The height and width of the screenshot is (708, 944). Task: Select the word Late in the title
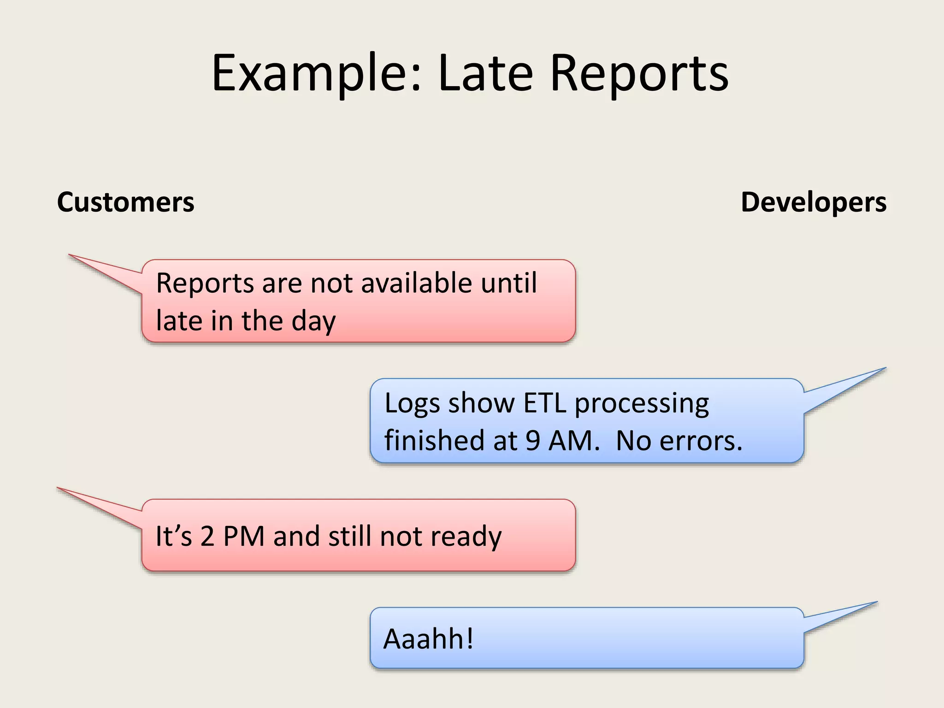point(486,73)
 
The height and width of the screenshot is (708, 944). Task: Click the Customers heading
point(125,202)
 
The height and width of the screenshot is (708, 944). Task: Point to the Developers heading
point(814,202)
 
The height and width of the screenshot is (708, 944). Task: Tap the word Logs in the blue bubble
point(412,403)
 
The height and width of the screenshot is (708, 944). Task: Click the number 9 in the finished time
point(532,440)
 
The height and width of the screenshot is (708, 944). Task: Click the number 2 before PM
point(207,536)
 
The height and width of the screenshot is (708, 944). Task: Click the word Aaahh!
point(428,639)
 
